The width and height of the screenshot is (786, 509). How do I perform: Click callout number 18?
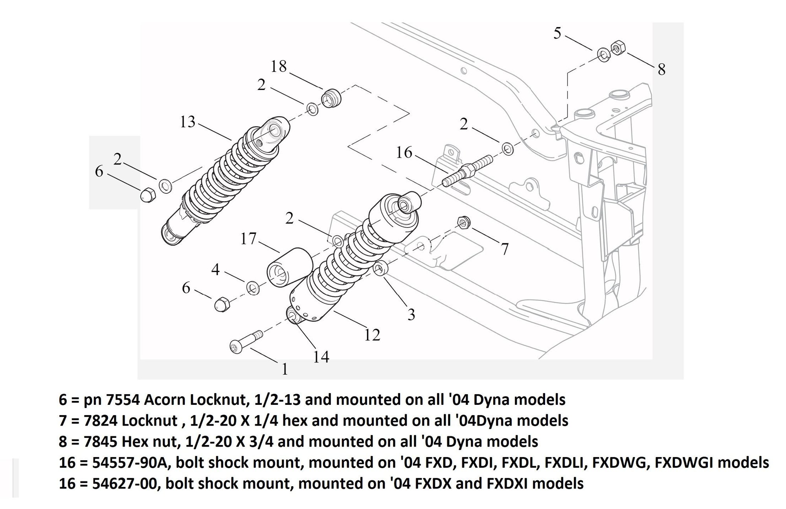(x=279, y=66)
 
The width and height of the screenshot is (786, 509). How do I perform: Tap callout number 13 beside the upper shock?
(x=187, y=122)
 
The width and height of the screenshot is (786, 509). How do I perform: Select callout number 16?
(x=404, y=152)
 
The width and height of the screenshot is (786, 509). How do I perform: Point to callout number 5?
(x=557, y=33)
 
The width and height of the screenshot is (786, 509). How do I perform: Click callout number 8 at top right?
(x=661, y=70)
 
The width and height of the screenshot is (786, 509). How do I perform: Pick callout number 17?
(x=248, y=239)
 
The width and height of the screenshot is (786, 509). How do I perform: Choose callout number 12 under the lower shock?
(x=372, y=335)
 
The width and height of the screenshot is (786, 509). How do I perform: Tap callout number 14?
(x=321, y=357)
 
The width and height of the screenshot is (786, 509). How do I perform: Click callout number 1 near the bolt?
(x=285, y=369)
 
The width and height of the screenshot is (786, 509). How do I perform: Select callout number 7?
(x=505, y=249)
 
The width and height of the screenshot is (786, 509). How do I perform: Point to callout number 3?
(x=411, y=314)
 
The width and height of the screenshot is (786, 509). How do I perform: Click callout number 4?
(x=215, y=270)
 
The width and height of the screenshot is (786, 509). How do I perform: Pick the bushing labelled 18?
(x=331, y=98)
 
